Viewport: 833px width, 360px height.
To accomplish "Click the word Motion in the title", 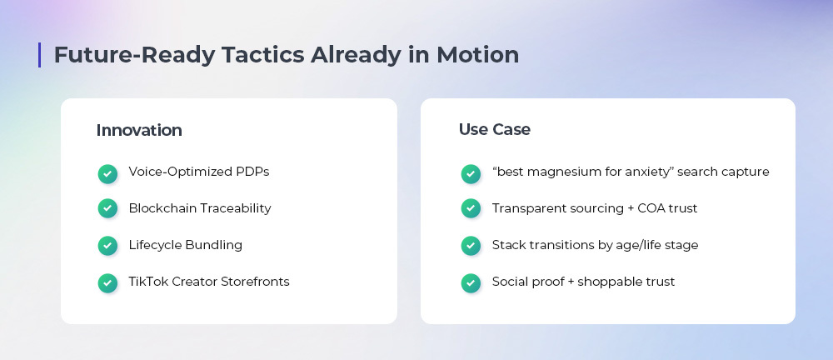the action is coord(477,55).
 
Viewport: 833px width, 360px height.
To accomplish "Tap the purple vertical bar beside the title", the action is coord(39,55).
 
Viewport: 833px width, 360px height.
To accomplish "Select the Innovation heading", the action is coord(139,130).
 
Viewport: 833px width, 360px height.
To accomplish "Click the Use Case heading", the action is coord(495,129).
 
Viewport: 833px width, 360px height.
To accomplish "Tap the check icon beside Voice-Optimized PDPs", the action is coord(107,174).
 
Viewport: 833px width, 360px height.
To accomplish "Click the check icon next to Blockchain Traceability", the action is coord(107,208).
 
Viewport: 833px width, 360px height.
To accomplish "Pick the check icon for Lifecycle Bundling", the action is coord(107,246).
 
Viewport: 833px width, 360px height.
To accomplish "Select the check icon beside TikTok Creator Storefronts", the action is coord(107,282).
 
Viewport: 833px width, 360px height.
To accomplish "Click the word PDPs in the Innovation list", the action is coord(253,172).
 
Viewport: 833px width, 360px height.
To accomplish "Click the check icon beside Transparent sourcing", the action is coord(471,208).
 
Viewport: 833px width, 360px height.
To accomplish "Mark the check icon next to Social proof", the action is coord(471,282).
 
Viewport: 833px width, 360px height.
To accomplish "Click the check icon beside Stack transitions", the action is coord(471,246).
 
